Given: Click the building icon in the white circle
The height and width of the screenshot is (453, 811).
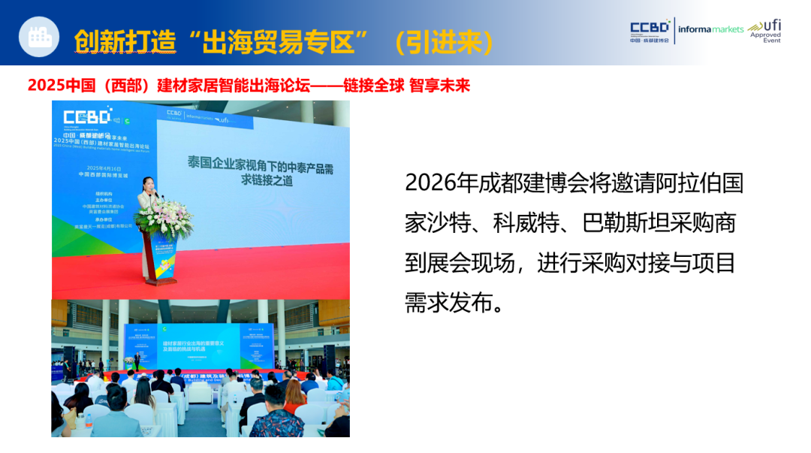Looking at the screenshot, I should [x=38, y=37].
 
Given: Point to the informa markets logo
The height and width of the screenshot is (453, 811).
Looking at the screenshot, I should [x=710, y=30].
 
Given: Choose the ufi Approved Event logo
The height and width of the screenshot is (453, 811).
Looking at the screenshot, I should [x=765, y=30].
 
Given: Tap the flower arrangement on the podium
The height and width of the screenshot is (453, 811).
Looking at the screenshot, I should [x=164, y=217].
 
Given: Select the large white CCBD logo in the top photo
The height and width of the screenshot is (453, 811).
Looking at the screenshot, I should [x=87, y=117].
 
